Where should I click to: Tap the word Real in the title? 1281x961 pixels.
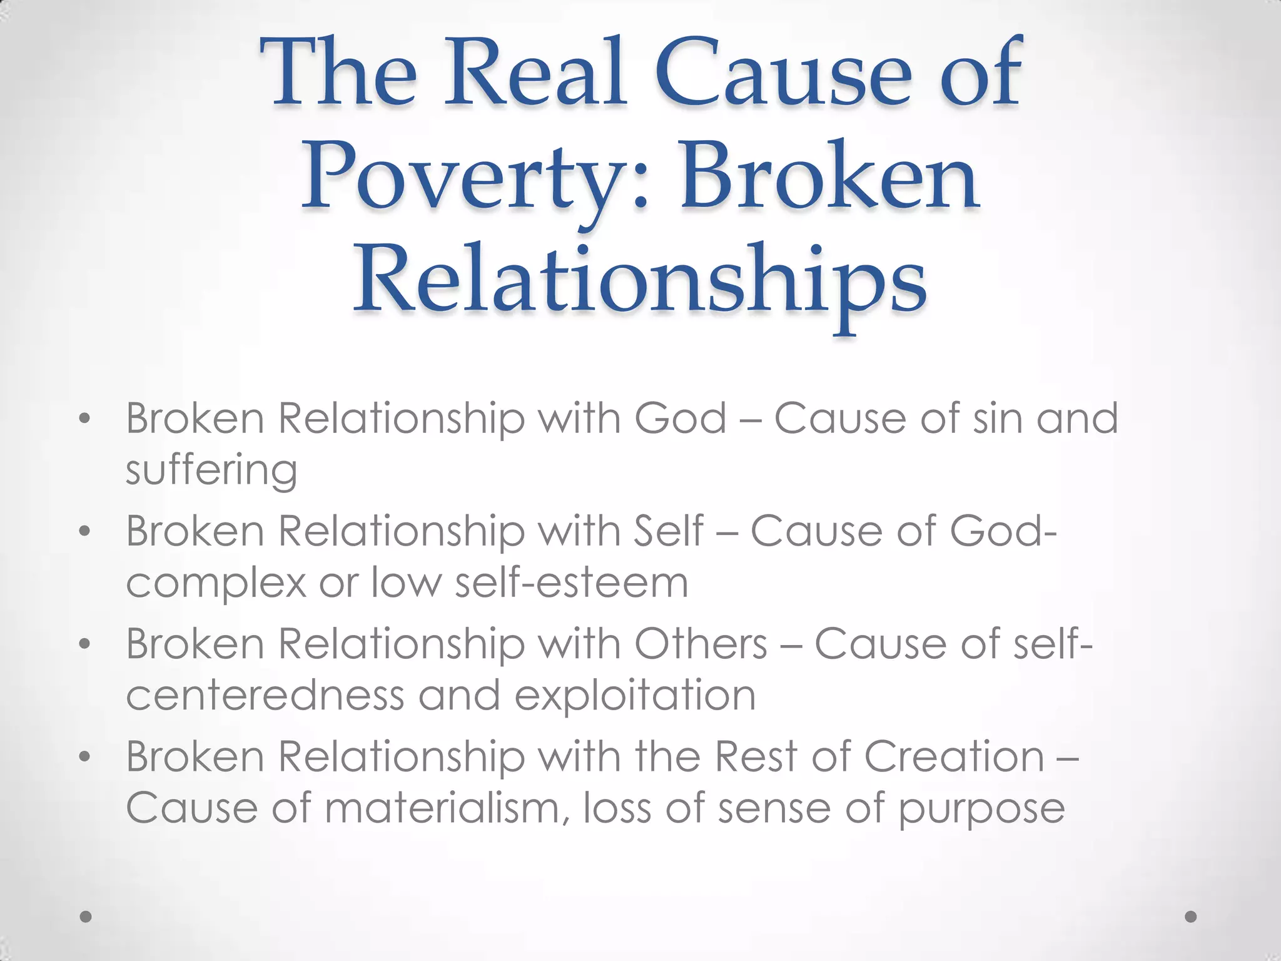coord(535,74)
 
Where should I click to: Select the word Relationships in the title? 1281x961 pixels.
coord(640,279)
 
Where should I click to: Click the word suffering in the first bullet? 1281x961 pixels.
coord(211,470)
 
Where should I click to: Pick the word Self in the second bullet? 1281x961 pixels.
coord(668,531)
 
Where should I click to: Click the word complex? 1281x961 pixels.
coord(216,583)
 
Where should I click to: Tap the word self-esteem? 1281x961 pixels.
coord(571,582)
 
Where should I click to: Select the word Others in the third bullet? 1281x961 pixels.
coord(701,644)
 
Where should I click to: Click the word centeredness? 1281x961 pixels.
coord(265,695)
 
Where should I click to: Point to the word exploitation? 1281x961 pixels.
coord(635,695)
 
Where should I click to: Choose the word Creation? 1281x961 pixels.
coord(954,757)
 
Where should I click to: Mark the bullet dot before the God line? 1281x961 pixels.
coord(85,420)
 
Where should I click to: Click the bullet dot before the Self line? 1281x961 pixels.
coord(85,532)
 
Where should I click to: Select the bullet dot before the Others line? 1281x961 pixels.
coord(85,645)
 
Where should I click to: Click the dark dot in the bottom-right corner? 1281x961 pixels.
coord(1191,917)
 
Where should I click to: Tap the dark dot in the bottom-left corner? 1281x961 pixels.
coord(86,917)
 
